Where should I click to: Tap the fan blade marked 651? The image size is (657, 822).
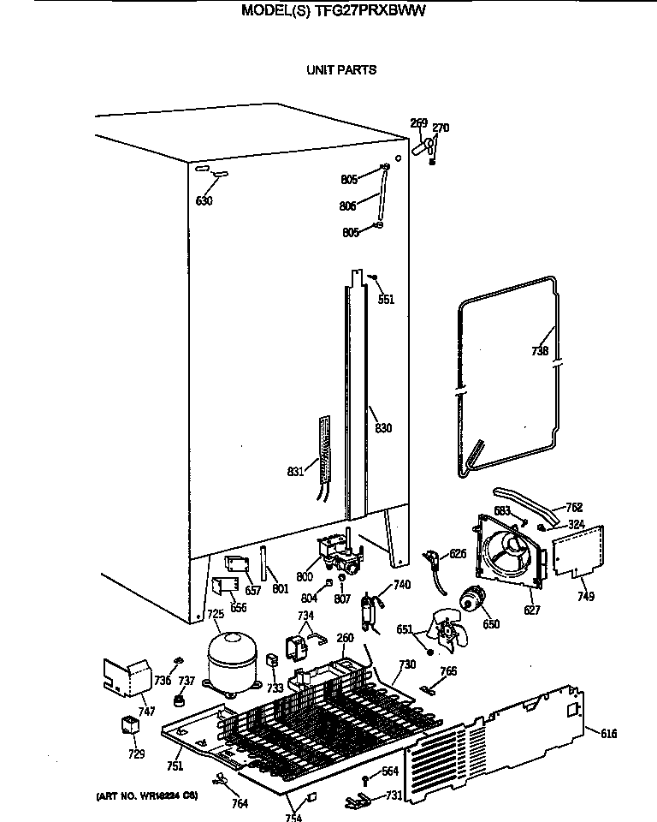point(450,634)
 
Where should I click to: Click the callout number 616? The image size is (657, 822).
point(608,733)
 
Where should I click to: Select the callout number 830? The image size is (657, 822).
point(383,428)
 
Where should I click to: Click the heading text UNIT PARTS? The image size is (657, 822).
point(341,70)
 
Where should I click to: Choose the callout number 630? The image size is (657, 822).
point(204,201)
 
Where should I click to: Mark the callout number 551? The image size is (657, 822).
point(386,300)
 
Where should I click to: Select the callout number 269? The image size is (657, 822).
point(418,123)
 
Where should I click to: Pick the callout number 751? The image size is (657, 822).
point(175,766)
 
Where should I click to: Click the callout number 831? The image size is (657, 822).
point(296,472)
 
